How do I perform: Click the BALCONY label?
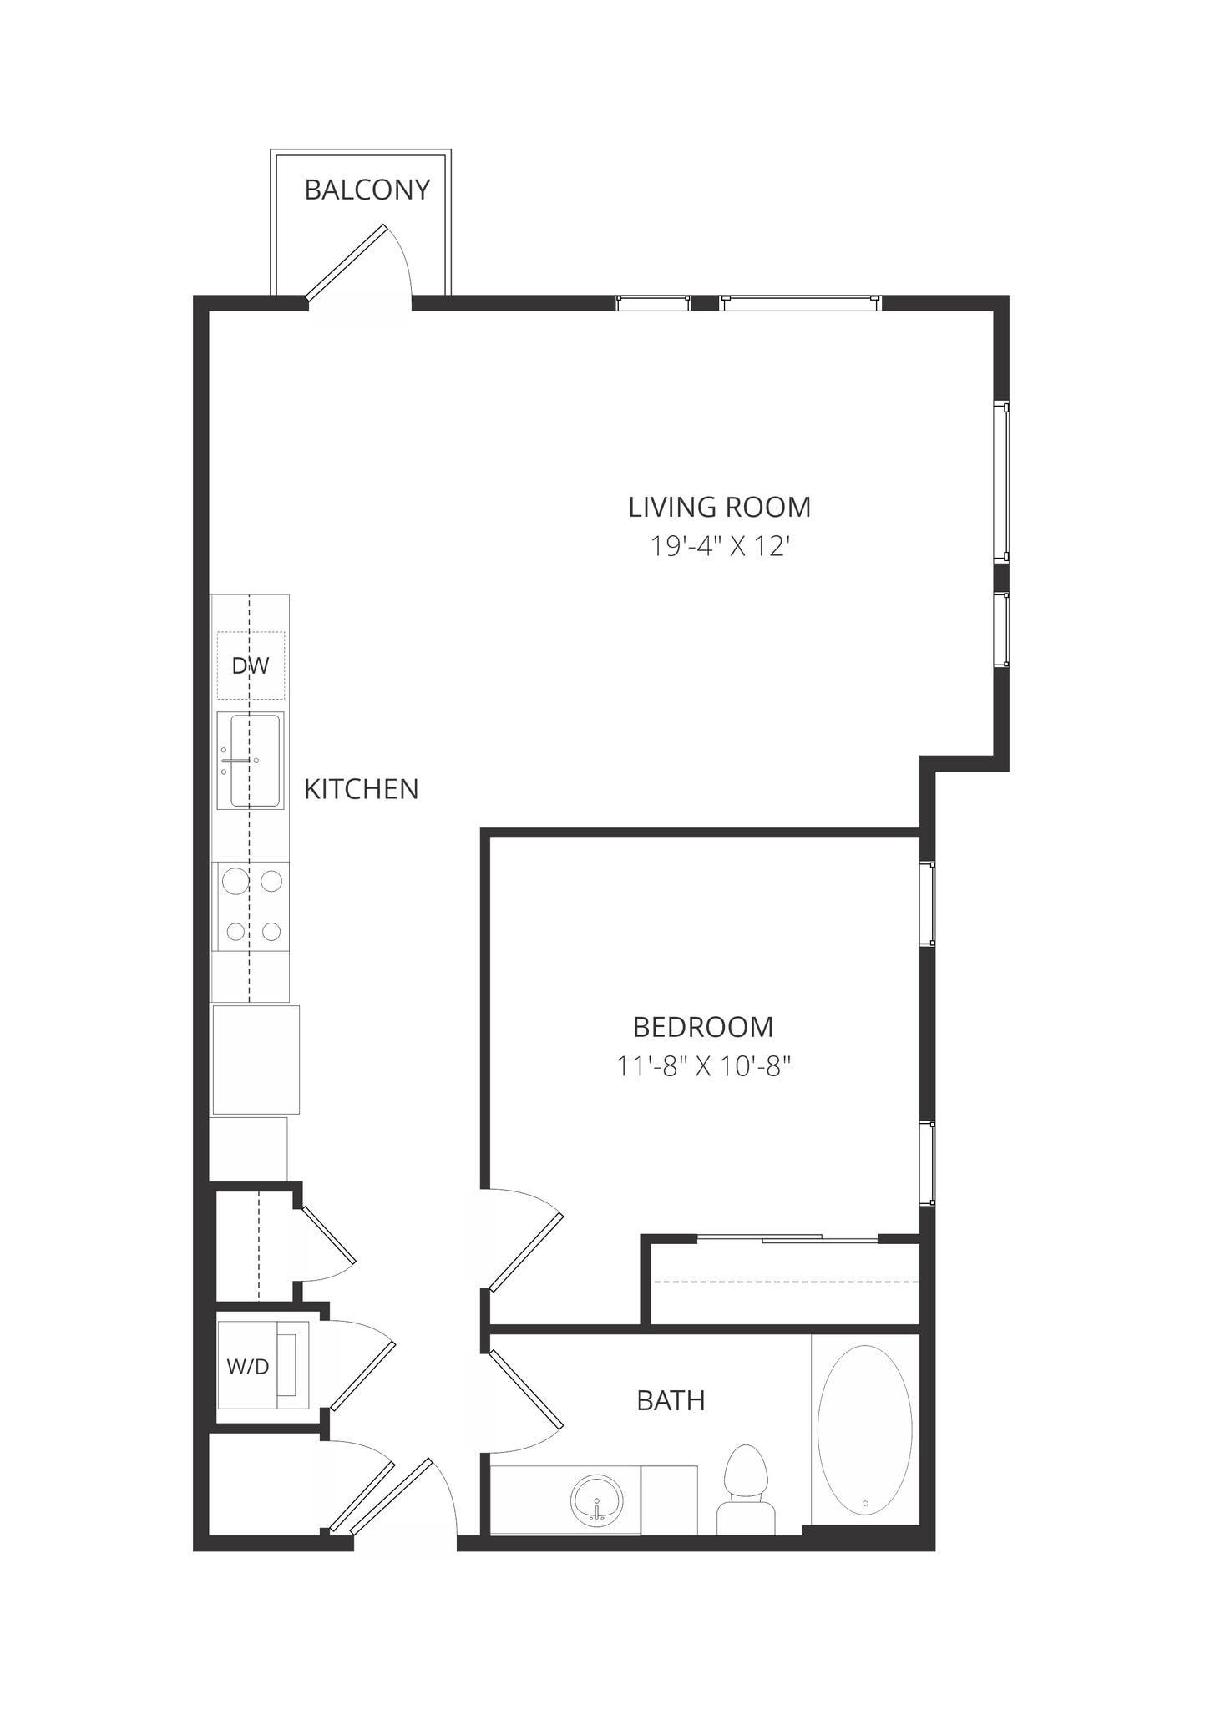[x=367, y=190]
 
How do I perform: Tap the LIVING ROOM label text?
[x=719, y=507]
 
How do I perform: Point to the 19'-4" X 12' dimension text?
[x=719, y=546]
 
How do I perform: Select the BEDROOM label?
[x=702, y=1026]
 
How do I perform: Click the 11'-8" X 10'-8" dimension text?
[x=702, y=1066]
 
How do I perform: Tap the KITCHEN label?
[x=361, y=789]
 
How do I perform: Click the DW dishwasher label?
[x=251, y=665]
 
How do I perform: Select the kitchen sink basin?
[x=255, y=761]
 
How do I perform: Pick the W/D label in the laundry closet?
[x=248, y=1367]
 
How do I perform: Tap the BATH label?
[x=671, y=1400]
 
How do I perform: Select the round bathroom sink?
[x=596, y=1500]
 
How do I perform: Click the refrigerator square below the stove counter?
[x=256, y=1060]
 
